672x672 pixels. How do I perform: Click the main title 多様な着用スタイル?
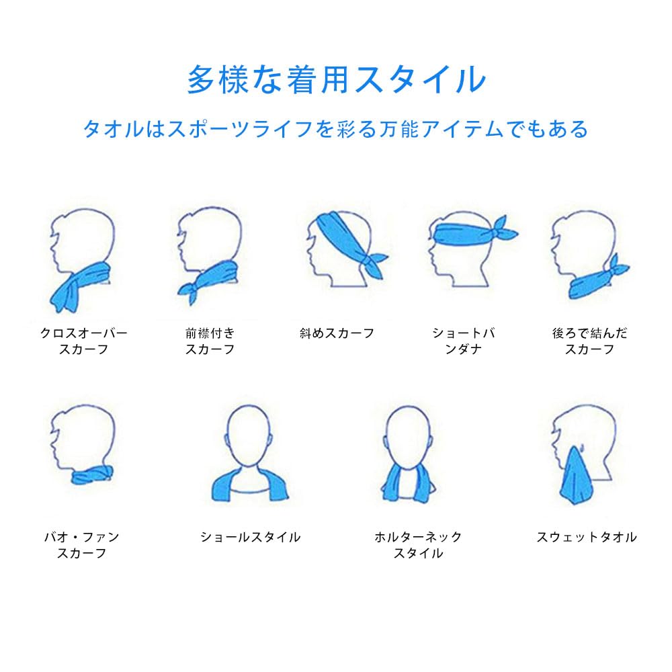pos(337,80)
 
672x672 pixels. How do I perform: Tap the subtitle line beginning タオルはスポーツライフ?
pos(335,128)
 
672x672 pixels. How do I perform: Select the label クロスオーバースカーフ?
pos(83,341)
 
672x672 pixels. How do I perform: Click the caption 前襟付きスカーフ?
pos(210,341)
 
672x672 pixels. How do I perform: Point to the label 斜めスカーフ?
pos(337,333)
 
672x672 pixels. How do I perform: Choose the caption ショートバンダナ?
pos(463,341)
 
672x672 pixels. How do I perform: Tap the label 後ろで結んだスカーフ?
pos(590,341)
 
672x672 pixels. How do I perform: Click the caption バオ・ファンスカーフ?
pos(81,545)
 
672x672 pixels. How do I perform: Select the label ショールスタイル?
pos(250,537)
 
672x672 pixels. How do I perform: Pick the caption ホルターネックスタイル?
pos(418,545)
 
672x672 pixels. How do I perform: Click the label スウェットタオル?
pos(587,537)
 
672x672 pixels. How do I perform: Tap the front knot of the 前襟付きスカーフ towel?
pos(189,292)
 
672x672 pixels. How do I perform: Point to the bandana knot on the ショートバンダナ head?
pos(503,229)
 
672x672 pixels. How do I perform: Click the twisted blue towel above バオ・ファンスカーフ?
pos(92,474)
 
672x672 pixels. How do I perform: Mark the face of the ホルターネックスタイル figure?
pos(407,435)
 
